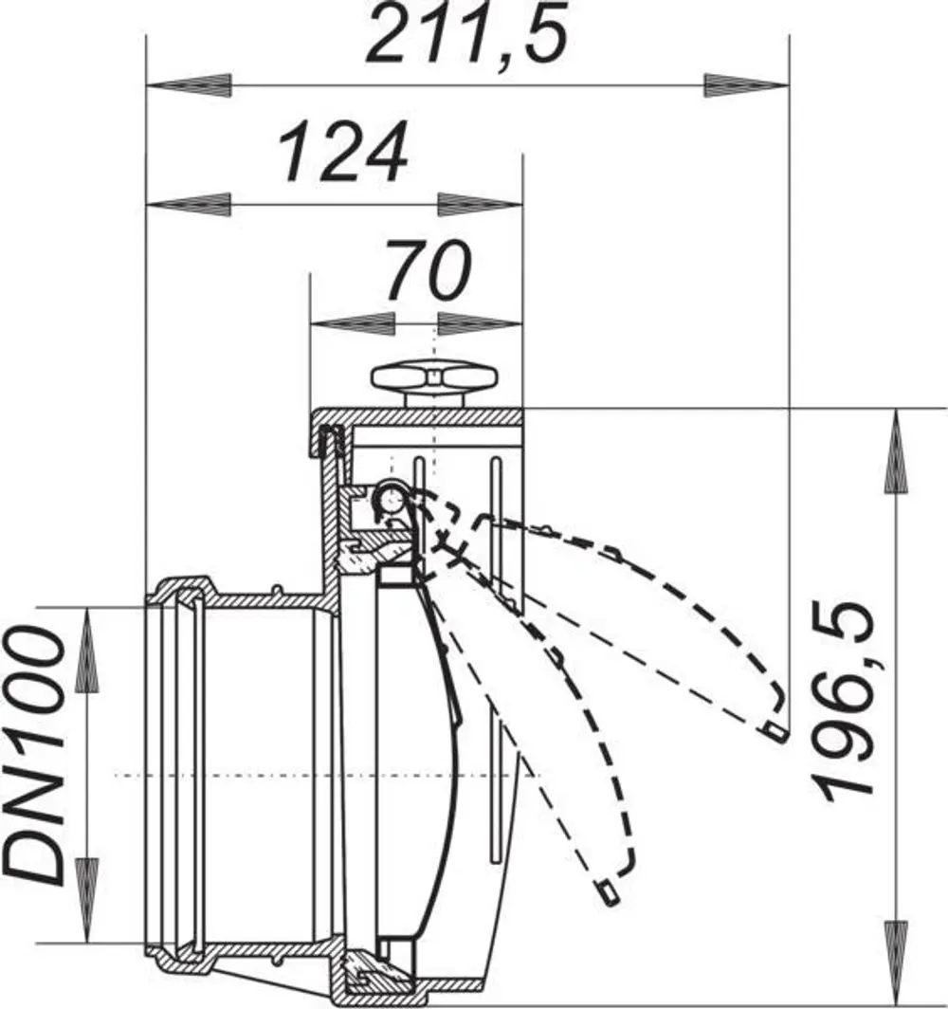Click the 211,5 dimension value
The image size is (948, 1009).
467,32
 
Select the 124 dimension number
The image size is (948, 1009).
343,152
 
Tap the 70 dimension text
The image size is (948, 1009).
429,269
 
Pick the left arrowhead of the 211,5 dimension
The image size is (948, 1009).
189,85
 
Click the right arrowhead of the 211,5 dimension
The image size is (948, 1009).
747,85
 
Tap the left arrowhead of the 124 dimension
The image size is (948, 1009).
189,205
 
